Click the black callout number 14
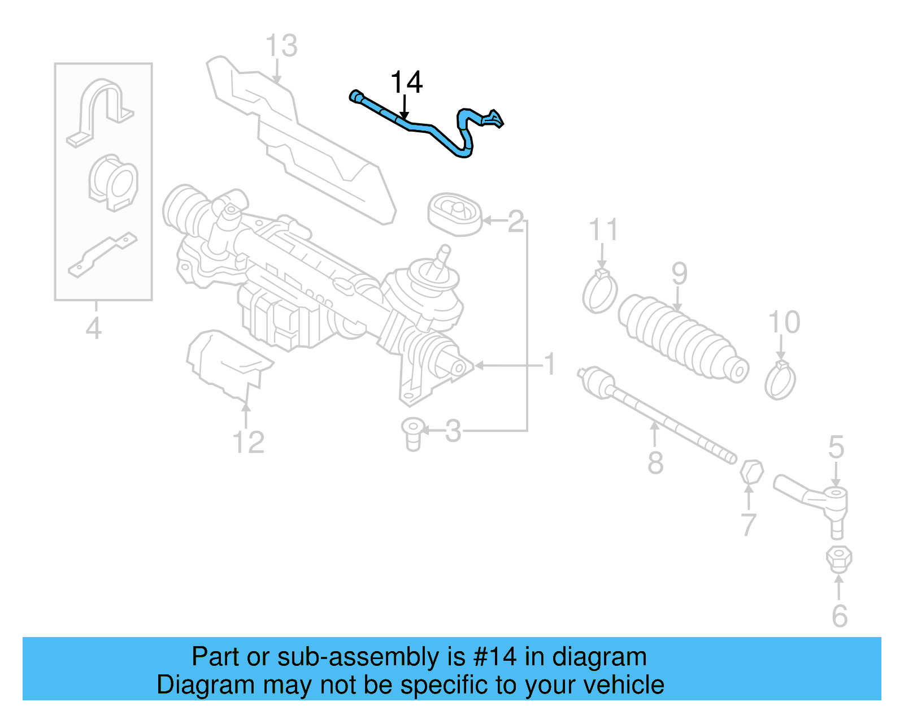[406, 83]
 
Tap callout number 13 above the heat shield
[281, 46]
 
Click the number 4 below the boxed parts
[94, 328]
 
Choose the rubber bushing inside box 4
[113, 183]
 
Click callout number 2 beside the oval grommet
[515, 222]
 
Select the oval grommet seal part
[455, 215]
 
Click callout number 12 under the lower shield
[248, 442]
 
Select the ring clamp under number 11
[599, 292]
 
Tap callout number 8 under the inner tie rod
[655, 463]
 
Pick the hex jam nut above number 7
[751, 472]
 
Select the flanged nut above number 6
[838, 558]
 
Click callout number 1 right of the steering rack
[550, 365]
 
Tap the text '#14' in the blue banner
[495, 657]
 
